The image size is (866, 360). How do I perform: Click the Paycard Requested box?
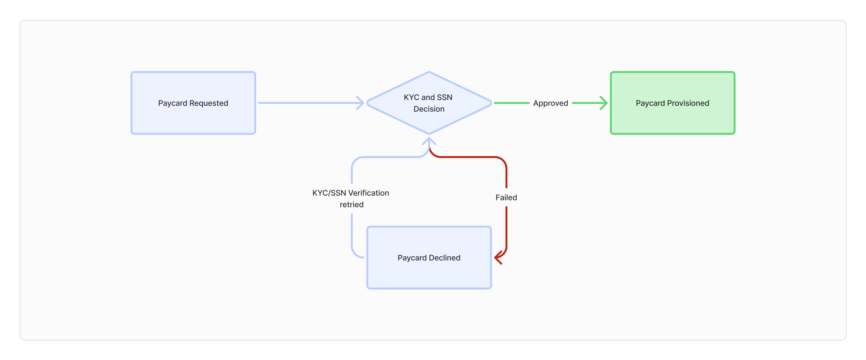(193, 103)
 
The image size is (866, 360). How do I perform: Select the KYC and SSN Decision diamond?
(429, 103)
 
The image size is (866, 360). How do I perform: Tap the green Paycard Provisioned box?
(672, 103)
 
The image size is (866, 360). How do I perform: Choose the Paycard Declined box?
(429, 258)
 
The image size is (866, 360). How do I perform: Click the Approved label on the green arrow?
(550, 103)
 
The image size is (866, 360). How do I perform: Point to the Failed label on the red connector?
(506, 197)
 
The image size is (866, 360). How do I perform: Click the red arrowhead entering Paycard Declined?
(498, 258)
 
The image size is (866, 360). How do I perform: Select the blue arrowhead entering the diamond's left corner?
(360, 103)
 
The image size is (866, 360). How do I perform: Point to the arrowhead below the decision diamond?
(429, 141)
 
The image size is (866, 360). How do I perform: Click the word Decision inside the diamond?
(429, 109)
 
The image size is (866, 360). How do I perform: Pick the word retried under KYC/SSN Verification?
(352, 205)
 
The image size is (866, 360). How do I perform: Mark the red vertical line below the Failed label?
(506, 229)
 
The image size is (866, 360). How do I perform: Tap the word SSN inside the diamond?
(444, 97)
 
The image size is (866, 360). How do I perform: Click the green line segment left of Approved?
(512, 103)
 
